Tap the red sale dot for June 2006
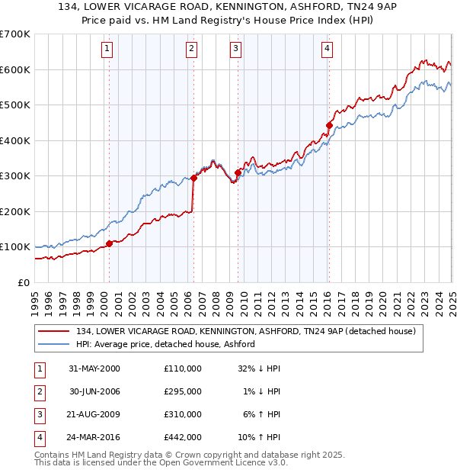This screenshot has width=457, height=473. click(x=193, y=178)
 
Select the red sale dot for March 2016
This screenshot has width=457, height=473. click(x=329, y=125)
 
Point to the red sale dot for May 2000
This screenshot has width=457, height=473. click(x=109, y=243)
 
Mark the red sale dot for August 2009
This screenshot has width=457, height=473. click(x=238, y=172)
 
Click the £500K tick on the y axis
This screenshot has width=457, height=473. click(x=15, y=105)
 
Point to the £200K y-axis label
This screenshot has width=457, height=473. click(x=15, y=211)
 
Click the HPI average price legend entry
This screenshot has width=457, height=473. click(x=165, y=344)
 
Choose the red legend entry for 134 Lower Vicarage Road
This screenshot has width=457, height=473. click(x=245, y=331)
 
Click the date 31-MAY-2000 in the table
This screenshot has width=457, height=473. click(x=94, y=368)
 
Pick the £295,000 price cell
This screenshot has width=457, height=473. click(x=183, y=391)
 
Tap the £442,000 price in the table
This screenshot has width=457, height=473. click(x=183, y=437)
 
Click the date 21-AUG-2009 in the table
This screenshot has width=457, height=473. click(x=94, y=414)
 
